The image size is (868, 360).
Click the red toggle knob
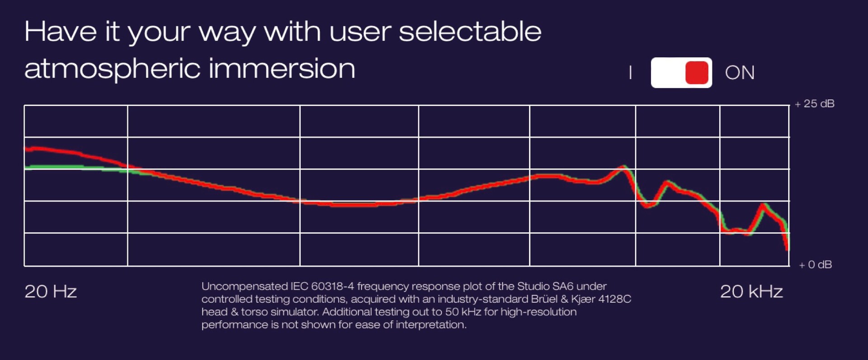(x=697, y=73)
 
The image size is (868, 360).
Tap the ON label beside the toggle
(x=740, y=73)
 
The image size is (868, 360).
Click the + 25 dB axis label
(x=815, y=104)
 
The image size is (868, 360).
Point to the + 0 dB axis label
(x=815, y=265)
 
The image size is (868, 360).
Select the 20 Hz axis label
(x=51, y=292)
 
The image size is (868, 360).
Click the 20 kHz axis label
(x=751, y=292)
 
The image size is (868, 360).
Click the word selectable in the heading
(x=470, y=32)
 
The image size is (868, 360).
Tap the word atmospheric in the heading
(x=112, y=69)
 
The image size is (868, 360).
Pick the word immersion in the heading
(x=282, y=68)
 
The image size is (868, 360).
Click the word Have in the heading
(x=60, y=32)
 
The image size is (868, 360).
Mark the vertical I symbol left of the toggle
(x=630, y=73)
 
